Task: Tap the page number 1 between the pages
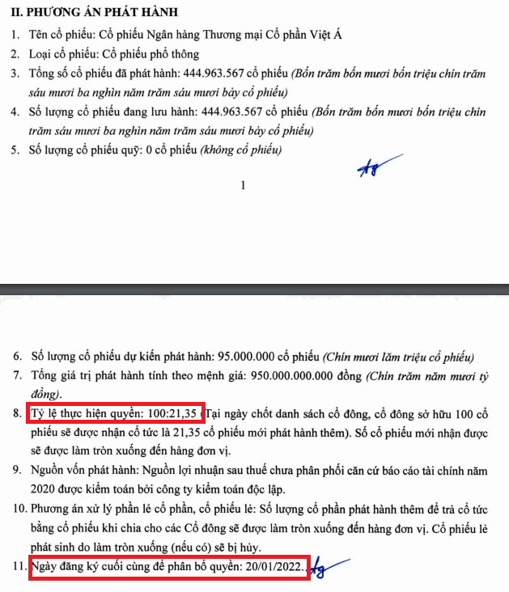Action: pyautogui.click(x=243, y=186)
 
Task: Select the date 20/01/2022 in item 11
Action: pyautogui.click(x=274, y=568)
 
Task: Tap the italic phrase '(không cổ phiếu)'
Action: pyautogui.click(x=243, y=150)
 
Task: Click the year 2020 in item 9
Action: pyautogui.click(x=45, y=488)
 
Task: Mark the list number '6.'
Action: pyautogui.click(x=19, y=356)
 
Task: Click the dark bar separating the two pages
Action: pyautogui.click(x=254, y=287)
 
